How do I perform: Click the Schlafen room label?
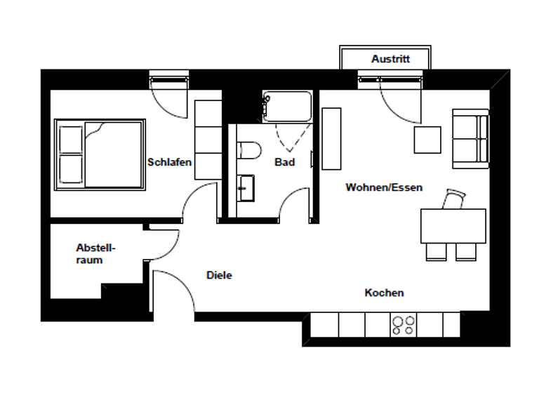(169, 162)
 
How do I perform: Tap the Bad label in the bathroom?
(284, 162)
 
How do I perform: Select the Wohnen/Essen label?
(383, 187)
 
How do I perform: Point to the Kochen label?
(384, 293)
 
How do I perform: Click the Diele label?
(219, 275)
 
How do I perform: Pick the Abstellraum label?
(95, 253)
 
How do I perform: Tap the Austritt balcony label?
(390, 59)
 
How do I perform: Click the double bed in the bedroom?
(100, 154)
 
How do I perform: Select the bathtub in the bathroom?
(286, 107)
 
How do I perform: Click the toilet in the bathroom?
(248, 149)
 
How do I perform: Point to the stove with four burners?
(403, 324)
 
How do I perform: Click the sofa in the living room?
(470, 138)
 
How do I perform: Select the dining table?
(453, 225)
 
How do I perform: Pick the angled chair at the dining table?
(453, 200)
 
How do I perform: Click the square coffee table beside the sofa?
(427, 139)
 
